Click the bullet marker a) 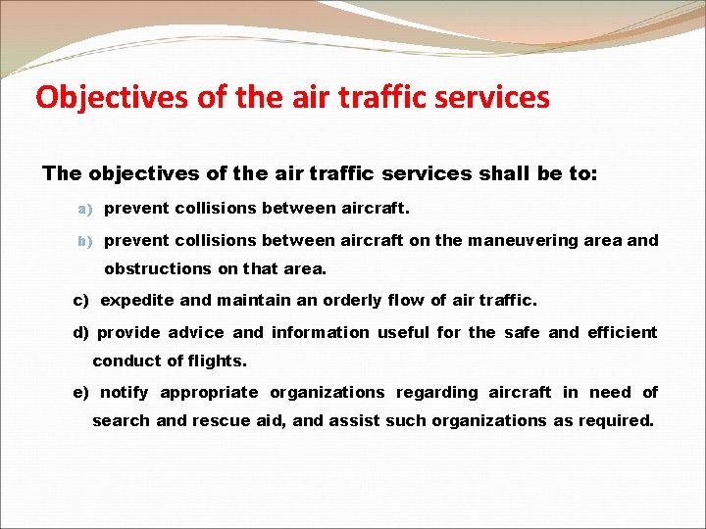(85, 209)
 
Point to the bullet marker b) (85, 241)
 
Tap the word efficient (622, 333)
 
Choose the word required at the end (616, 421)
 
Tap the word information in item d (320, 333)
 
